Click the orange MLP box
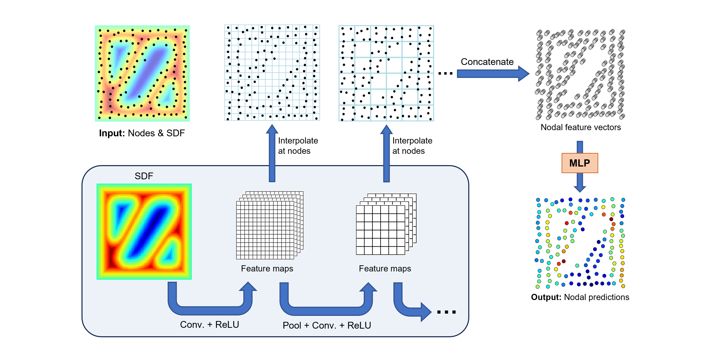click(580, 163)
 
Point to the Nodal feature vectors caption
click(581, 127)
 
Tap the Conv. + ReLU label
click(209, 324)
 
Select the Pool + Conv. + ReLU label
click(327, 325)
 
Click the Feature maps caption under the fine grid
click(267, 269)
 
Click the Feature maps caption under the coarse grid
click(385, 269)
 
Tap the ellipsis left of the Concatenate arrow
click(445, 73)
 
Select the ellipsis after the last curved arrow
click(446, 312)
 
